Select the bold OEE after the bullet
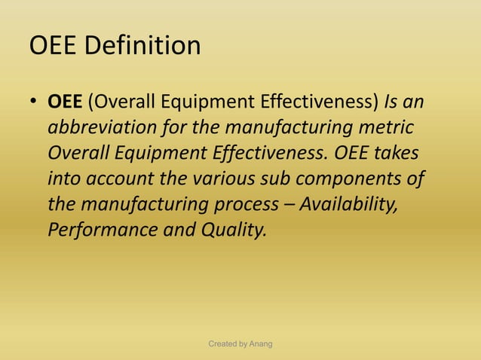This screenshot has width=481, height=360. [x=67, y=101]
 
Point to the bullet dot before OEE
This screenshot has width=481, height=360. [x=35, y=102]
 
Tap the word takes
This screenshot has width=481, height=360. [x=397, y=153]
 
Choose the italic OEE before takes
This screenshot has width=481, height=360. [x=348, y=153]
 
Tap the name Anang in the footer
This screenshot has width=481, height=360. [x=259, y=344]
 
